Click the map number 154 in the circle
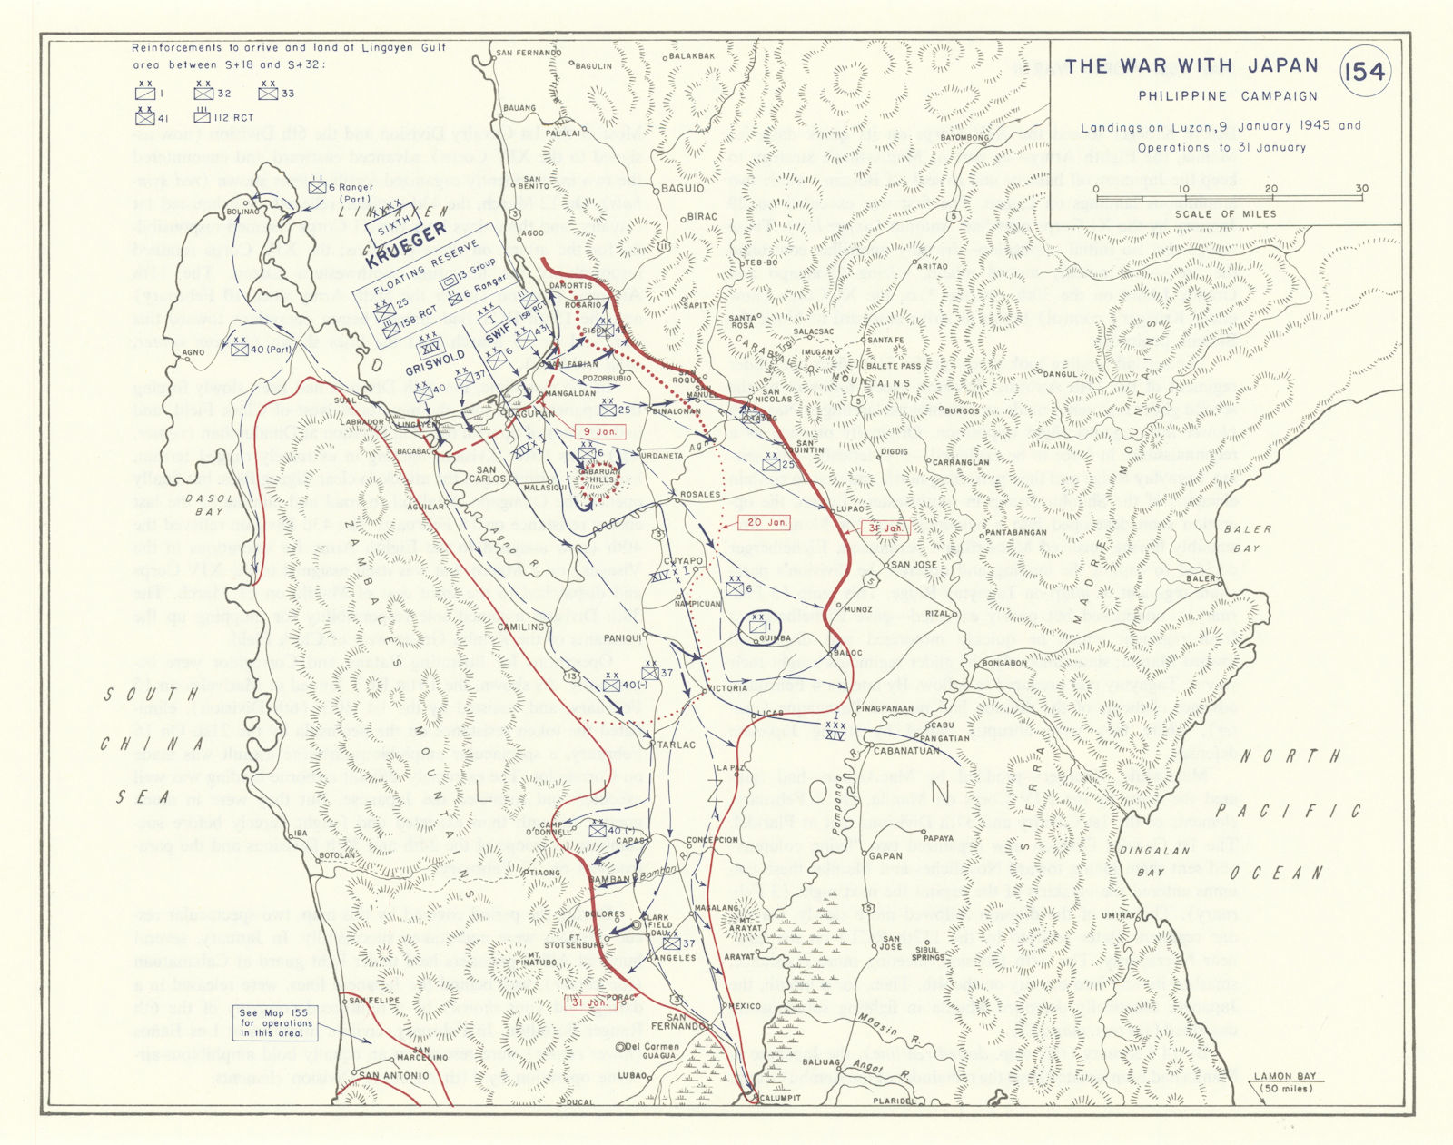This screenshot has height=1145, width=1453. [x=1365, y=72]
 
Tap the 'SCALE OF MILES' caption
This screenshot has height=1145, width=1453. [x=1225, y=214]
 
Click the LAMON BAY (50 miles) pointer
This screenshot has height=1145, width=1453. [x=1284, y=1082]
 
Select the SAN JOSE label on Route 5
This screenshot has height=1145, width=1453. [x=914, y=564]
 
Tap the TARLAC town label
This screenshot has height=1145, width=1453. [x=677, y=745]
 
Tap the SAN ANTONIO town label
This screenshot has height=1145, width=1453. [x=394, y=1075]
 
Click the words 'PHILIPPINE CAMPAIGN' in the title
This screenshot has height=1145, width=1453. [x=1228, y=96]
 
